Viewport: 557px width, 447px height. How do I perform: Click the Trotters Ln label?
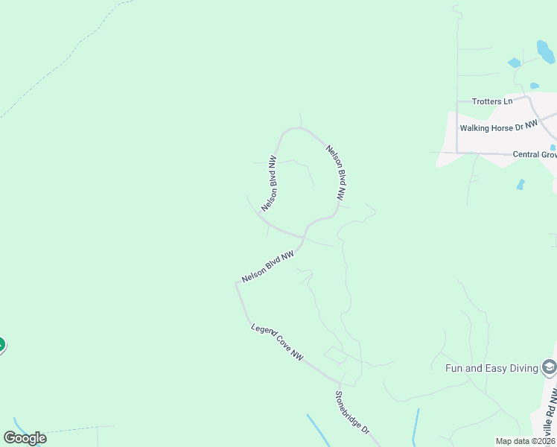coord(492,101)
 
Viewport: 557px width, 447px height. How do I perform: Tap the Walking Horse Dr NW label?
coord(498,127)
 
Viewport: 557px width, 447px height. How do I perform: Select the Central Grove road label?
coord(535,155)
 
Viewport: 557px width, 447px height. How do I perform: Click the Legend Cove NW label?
coord(278,343)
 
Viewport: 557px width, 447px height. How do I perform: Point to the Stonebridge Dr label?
coord(351,413)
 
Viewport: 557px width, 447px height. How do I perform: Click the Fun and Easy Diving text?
coord(491,367)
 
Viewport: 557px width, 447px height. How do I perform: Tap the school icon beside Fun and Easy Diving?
coord(549,367)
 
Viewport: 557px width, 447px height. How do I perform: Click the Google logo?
coord(25,438)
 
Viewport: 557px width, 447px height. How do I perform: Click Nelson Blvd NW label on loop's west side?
coord(270,183)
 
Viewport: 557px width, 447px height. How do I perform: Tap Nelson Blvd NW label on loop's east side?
coord(337,173)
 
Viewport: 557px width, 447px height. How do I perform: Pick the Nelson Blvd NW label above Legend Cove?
coord(268,266)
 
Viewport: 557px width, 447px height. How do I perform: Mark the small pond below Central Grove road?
coord(521,184)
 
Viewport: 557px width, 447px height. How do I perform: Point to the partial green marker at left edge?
coord(1,345)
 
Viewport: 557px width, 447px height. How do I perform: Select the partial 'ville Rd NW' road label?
coord(550,413)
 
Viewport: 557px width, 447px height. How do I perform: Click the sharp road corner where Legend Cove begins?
coord(238,284)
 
